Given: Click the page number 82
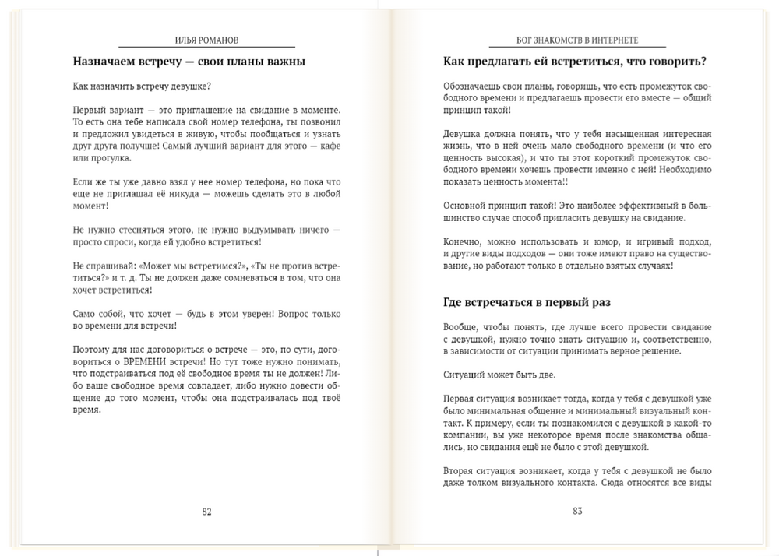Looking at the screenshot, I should coord(206,512).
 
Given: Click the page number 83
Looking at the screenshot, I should coord(577,512).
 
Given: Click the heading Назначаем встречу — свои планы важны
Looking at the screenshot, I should coord(189,62).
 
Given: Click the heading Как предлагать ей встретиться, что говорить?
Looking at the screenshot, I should coord(574,62).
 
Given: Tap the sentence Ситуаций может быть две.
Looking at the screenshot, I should coord(494,375).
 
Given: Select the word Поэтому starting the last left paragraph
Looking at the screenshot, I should coord(92,350).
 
